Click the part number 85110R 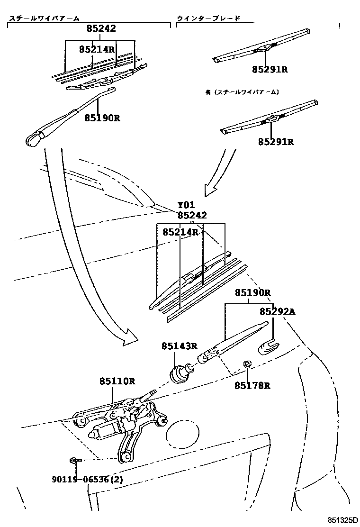pos(117,381)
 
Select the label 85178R pos(252,385)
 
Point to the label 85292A pos(277,311)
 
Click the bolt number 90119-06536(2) pos(87,480)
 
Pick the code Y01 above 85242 pos(186,205)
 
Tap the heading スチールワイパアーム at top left pos(44,18)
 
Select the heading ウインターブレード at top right pos(208,18)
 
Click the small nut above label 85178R pos(246,364)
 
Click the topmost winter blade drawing pos(261,47)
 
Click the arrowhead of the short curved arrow pos(209,190)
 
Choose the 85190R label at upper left pos(102,118)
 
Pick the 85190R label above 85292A pos(252,293)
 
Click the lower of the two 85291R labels pos(276,141)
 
